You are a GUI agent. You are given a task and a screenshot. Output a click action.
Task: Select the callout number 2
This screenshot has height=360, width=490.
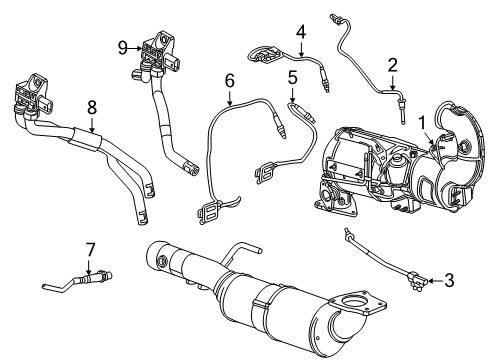click(393, 65)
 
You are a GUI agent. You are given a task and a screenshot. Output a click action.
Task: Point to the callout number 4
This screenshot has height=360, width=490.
click(299, 33)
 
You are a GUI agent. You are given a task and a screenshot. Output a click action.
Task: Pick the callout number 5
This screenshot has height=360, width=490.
click(292, 77)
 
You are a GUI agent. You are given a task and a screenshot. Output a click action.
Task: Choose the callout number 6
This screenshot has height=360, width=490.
click(229, 79)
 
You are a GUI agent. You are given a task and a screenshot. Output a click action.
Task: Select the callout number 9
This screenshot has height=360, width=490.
click(123, 46)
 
